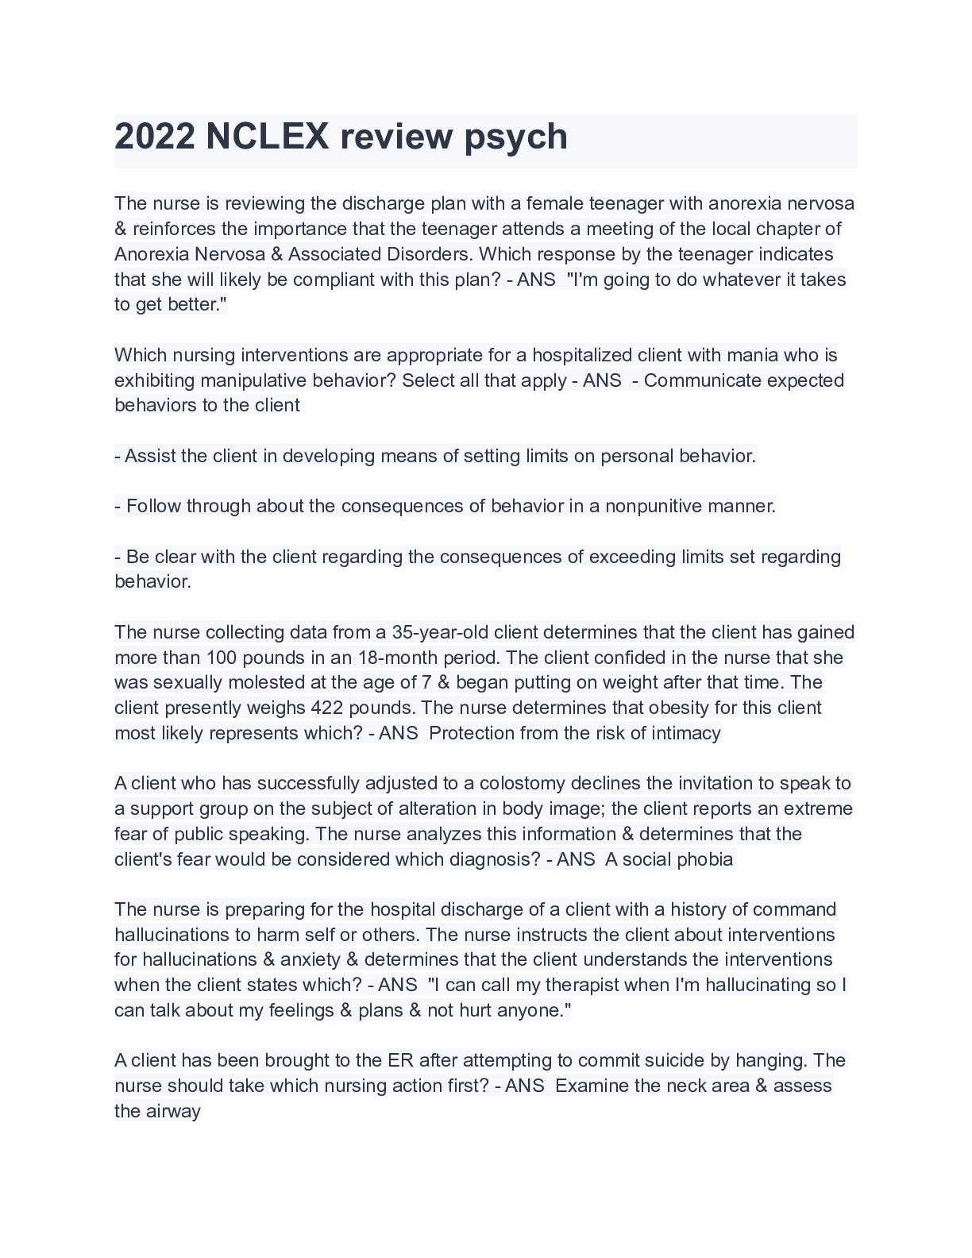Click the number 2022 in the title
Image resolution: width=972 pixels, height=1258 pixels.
coord(155,137)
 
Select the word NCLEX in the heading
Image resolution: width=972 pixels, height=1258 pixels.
coord(267,137)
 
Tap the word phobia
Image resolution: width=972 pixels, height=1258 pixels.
coord(705,859)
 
